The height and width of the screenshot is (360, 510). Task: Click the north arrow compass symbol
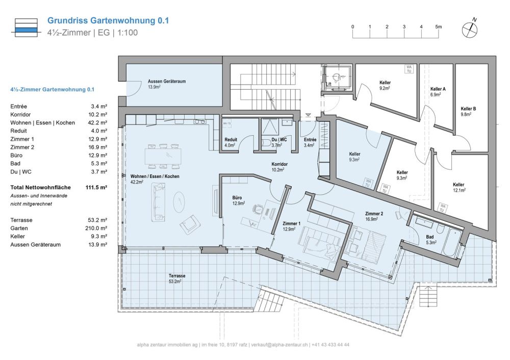[470, 29]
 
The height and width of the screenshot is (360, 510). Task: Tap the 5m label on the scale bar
[438, 27]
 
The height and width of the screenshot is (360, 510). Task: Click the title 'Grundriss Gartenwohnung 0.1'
[108, 21]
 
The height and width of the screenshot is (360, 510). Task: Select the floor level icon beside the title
[26, 27]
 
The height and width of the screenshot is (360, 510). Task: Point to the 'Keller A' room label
[438, 89]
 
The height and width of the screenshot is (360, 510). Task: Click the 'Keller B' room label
[468, 109]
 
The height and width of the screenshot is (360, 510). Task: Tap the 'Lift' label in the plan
[329, 84]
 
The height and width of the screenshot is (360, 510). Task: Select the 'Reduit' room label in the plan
[231, 140]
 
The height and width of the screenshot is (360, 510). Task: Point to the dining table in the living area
[163, 156]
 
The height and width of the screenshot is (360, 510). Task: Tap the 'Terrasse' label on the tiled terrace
[177, 276]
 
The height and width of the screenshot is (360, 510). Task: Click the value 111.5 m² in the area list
[96, 188]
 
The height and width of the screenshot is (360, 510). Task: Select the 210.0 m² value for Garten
[97, 228]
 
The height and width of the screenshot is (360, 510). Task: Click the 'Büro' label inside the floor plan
[237, 197]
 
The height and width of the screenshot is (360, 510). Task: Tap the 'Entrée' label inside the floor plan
[310, 140]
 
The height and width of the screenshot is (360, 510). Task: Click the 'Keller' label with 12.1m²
[458, 185]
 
